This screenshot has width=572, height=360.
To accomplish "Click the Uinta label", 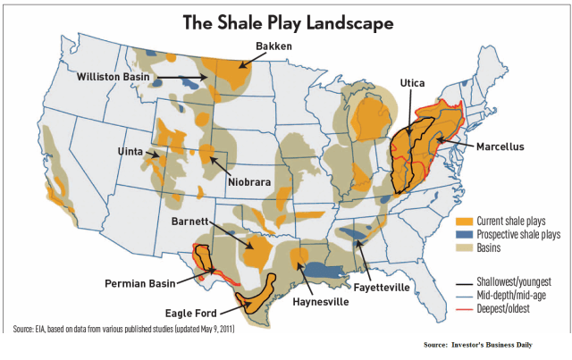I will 132,152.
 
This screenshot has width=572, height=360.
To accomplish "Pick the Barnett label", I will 192,220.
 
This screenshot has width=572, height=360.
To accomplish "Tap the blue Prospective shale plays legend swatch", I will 465,234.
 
